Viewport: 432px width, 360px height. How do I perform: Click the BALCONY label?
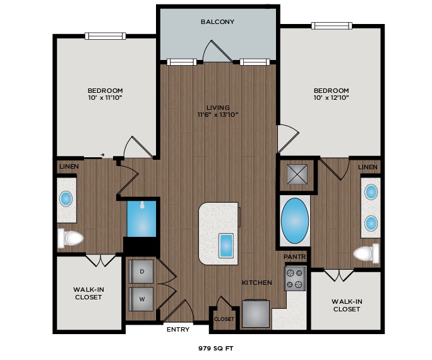point(217,21)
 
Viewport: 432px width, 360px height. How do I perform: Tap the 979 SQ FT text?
point(217,347)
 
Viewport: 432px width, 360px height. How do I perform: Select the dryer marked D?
point(142,272)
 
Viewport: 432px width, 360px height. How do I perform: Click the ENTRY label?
point(177,329)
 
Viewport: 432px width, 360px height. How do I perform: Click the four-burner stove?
point(294,278)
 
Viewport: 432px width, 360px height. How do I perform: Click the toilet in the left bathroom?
point(71,238)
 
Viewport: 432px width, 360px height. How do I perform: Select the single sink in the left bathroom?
point(66,199)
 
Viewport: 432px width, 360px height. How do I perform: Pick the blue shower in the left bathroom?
point(142,218)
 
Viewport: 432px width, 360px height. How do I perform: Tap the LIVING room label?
point(217,107)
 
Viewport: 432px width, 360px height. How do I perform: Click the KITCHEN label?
point(257,282)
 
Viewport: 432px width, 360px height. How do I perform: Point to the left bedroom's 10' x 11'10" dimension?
point(105,98)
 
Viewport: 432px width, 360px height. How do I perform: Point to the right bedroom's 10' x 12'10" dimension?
point(331,98)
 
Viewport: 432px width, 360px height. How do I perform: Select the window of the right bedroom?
point(331,26)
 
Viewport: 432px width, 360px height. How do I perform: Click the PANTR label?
point(294,257)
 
